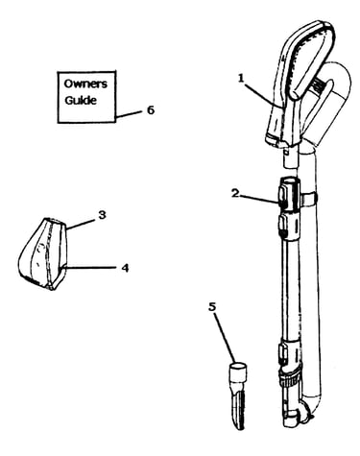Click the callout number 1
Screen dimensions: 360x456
click(x=241, y=78)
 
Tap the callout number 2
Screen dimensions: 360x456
click(x=235, y=193)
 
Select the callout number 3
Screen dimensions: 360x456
click(x=102, y=215)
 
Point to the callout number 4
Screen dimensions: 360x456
click(x=125, y=268)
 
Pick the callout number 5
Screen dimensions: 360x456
click(x=212, y=306)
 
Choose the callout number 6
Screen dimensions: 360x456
click(x=151, y=110)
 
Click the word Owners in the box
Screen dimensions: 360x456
click(x=85, y=84)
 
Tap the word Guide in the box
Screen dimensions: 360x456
click(x=81, y=100)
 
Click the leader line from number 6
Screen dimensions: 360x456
click(x=128, y=115)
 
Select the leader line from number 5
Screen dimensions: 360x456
click(x=225, y=338)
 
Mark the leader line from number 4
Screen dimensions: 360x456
click(x=90, y=268)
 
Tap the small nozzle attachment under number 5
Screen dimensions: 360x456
click(x=238, y=396)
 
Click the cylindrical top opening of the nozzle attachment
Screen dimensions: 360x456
click(x=238, y=371)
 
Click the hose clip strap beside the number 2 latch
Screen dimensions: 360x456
click(x=309, y=198)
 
